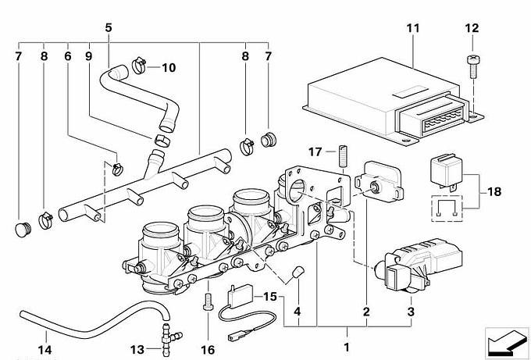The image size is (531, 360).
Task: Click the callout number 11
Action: coord(413,29)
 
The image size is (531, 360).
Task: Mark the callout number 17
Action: coord(315,151)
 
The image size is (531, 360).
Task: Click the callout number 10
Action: coord(169,67)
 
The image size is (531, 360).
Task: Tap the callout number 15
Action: coord(269,298)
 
